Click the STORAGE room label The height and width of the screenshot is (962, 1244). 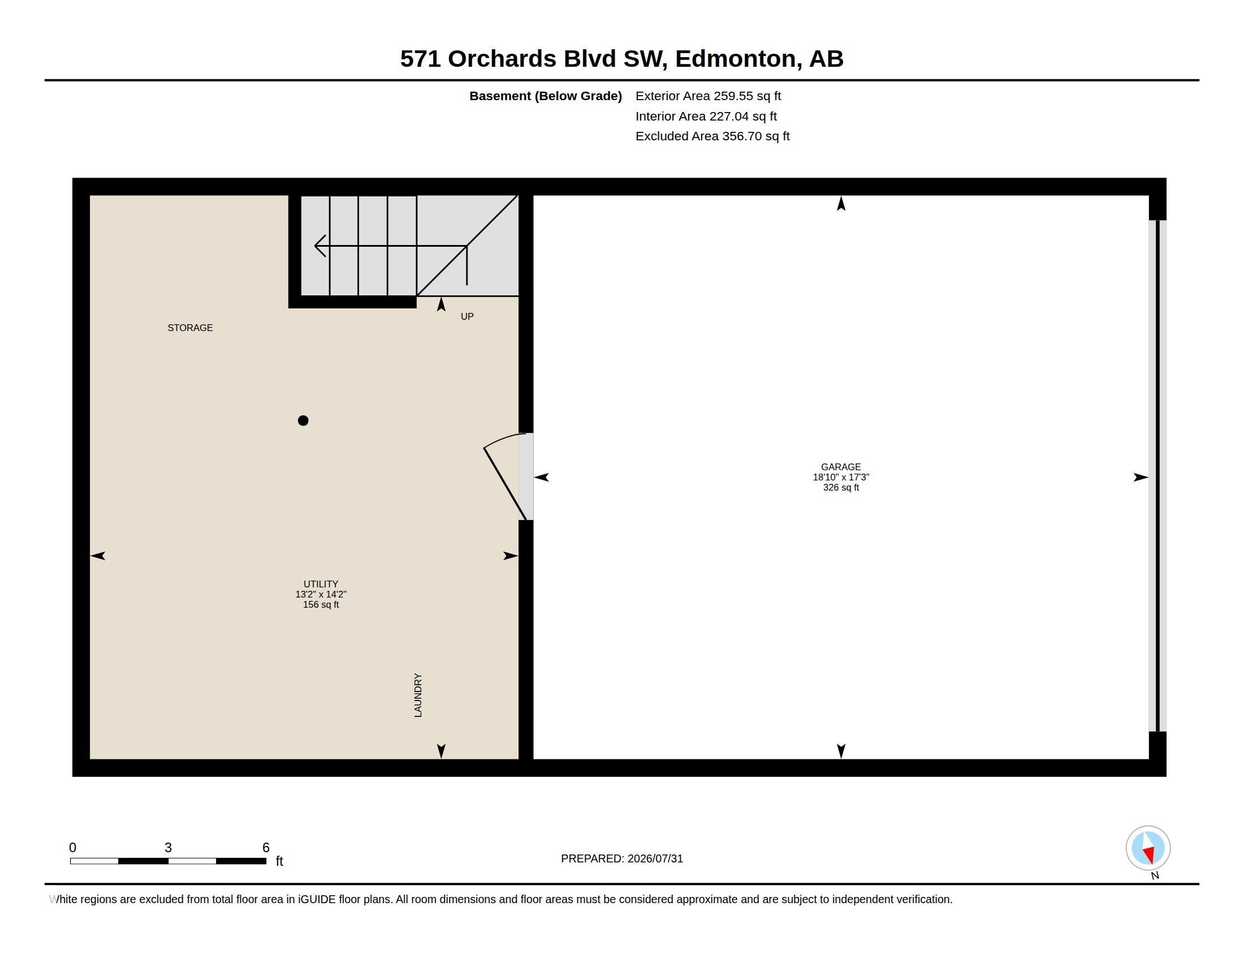(x=190, y=328)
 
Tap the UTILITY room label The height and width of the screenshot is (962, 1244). (x=321, y=584)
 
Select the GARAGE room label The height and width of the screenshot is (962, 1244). (x=841, y=467)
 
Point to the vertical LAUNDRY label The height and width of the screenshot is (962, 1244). (x=417, y=695)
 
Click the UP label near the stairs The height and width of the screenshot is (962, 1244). (x=467, y=316)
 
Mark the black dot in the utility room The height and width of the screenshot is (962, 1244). (x=303, y=420)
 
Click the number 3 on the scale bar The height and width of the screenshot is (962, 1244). (x=168, y=848)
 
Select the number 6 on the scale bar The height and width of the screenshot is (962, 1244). (x=265, y=848)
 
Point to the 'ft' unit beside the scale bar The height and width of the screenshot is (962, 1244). (x=279, y=861)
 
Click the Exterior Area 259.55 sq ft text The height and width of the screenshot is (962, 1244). (x=708, y=96)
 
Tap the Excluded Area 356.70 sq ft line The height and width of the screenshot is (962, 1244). (x=712, y=136)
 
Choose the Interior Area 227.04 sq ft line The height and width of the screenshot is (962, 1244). (x=706, y=116)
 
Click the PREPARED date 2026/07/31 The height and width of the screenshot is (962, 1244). (x=655, y=859)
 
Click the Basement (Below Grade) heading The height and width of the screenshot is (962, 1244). (x=546, y=96)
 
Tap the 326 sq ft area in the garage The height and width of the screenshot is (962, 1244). (x=841, y=488)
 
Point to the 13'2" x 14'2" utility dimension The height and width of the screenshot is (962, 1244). (x=321, y=594)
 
